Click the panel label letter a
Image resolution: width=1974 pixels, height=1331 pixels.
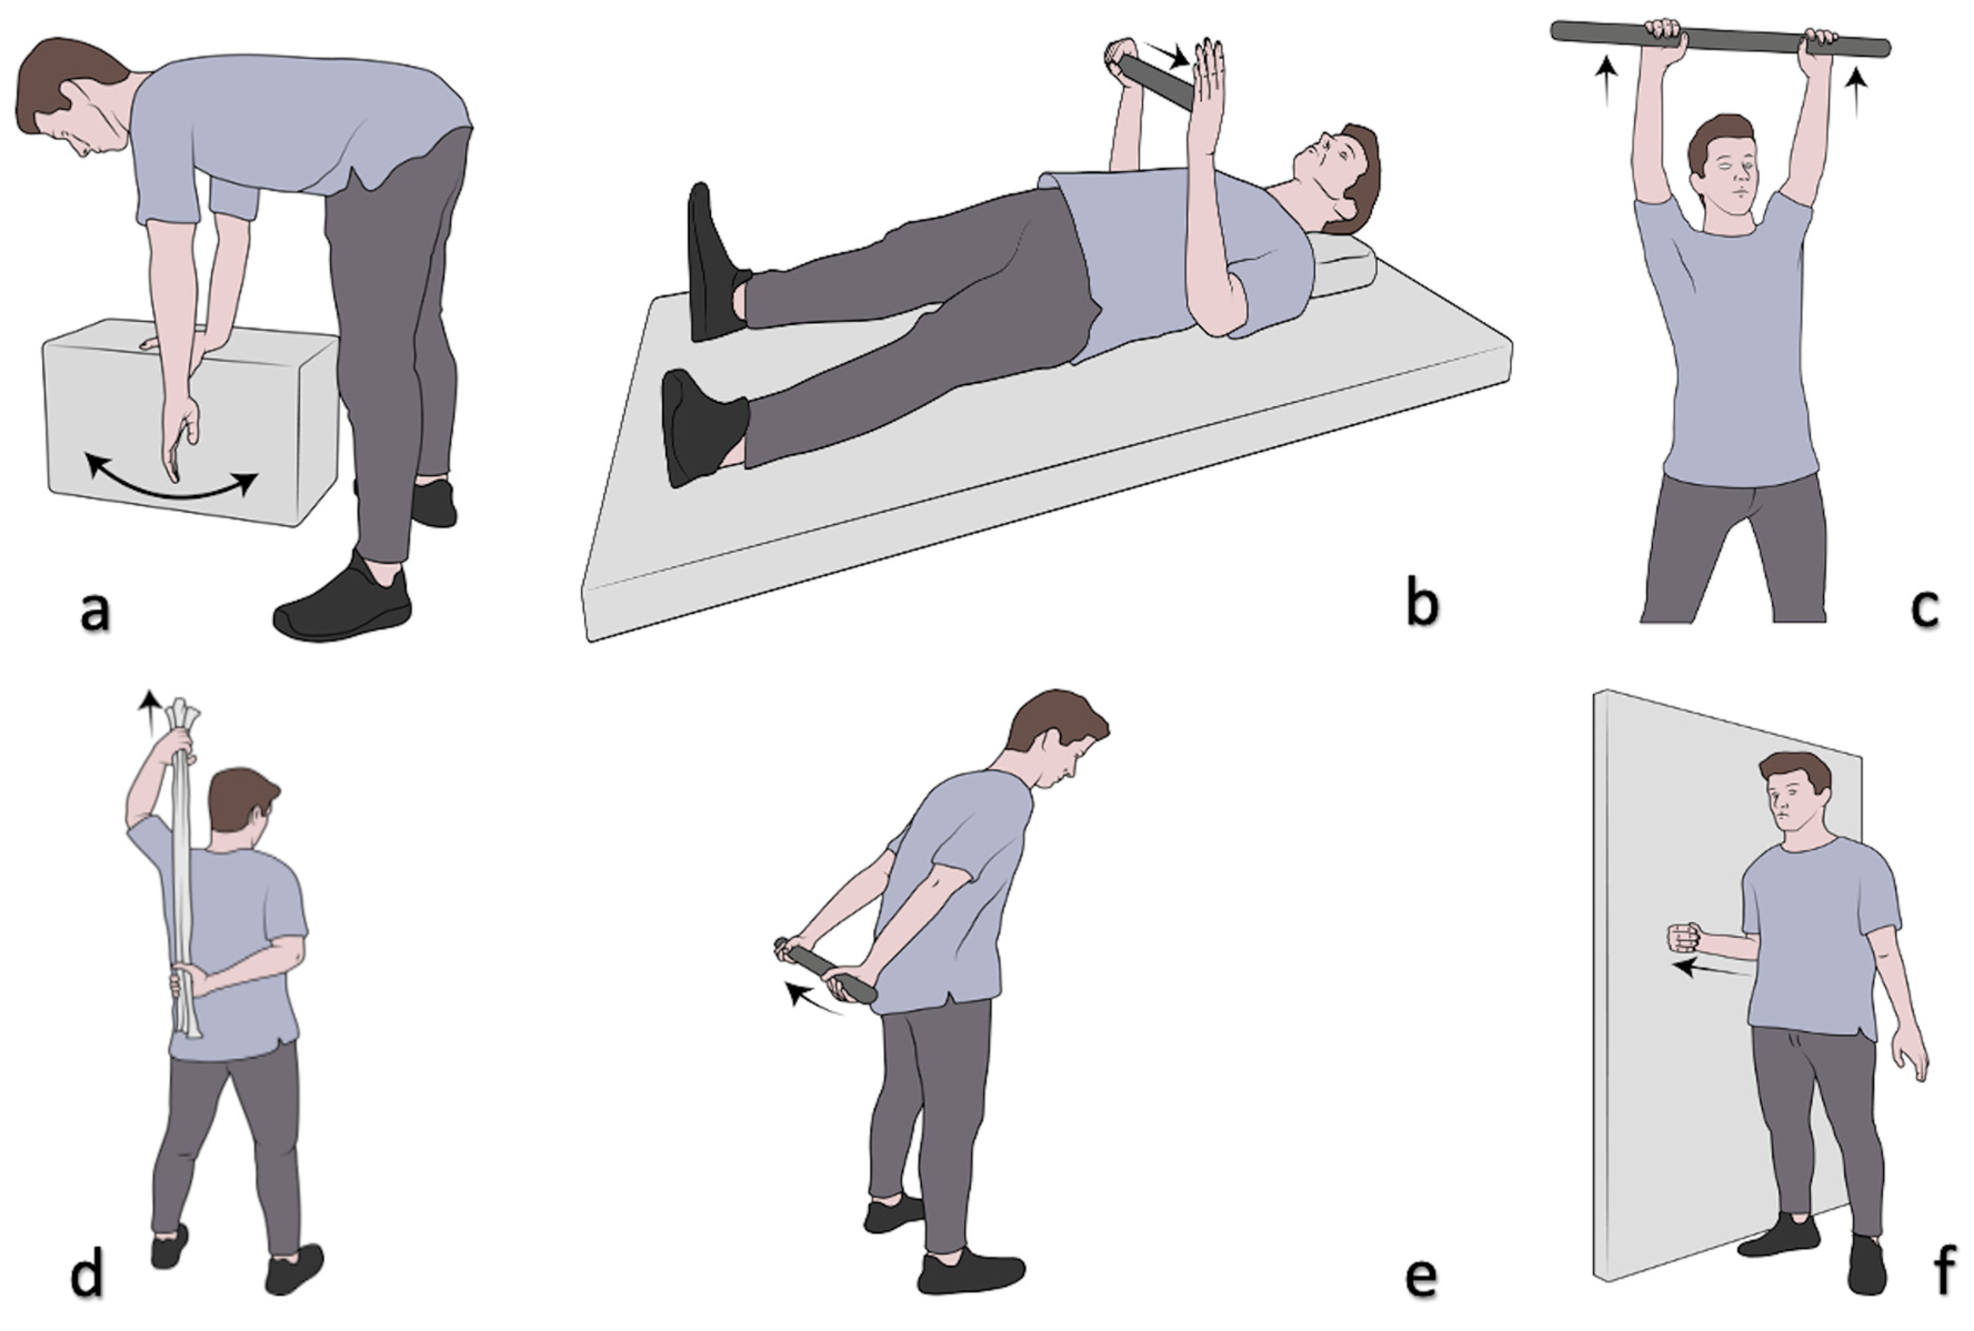point(95,611)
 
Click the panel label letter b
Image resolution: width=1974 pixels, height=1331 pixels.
point(1422,602)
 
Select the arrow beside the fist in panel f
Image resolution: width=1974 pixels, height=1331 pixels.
point(1711,969)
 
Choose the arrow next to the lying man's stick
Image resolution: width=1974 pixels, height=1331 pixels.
point(1165,54)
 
